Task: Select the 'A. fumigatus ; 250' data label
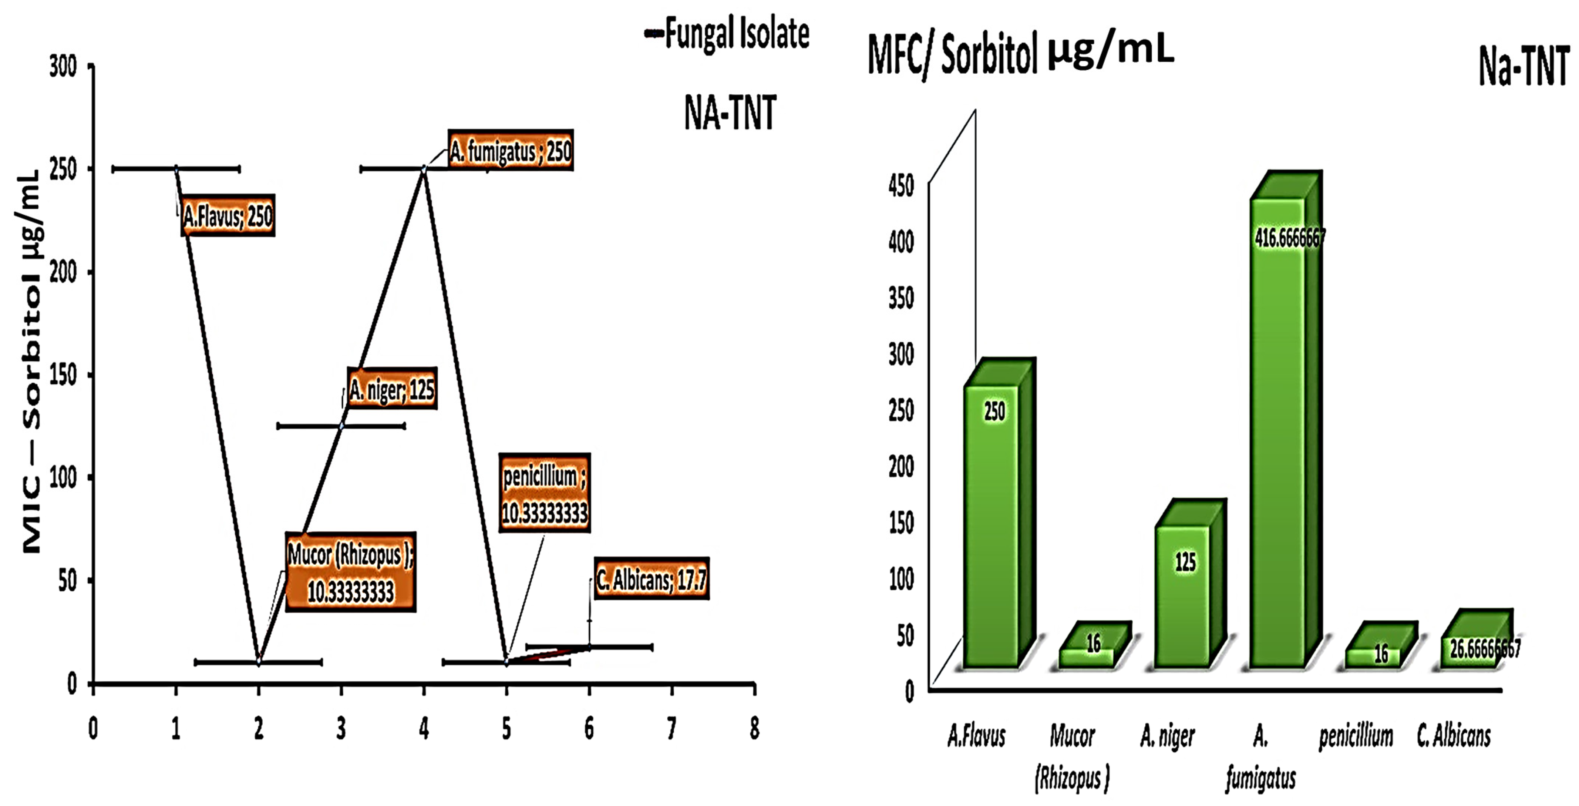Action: pyautogui.click(x=511, y=150)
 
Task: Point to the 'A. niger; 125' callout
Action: pyautogui.click(x=392, y=389)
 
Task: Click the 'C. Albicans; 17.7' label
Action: pyautogui.click(x=652, y=579)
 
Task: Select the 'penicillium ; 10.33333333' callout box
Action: pyautogui.click(x=544, y=493)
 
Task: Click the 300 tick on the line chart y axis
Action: pyautogui.click(x=63, y=66)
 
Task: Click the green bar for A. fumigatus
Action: pyautogui.click(x=1277, y=429)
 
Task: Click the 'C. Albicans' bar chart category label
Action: pyautogui.click(x=1453, y=736)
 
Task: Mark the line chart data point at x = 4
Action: pyautogui.click(x=424, y=168)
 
